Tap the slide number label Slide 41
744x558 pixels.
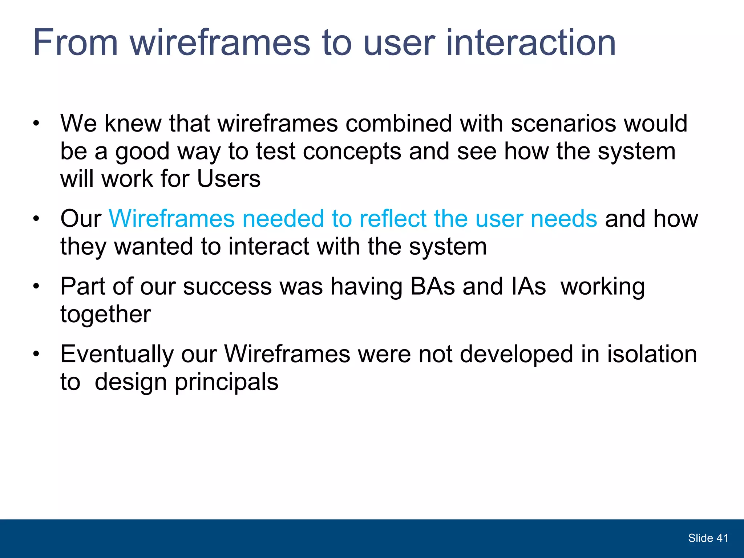[x=708, y=538]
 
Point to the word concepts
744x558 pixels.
[x=352, y=151]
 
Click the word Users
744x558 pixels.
[x=229, y=179]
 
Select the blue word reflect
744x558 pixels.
[x=393, y=219]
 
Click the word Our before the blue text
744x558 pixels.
[x=81, y=219]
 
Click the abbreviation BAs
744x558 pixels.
[x=432, y=287]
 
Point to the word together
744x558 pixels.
[x=105, y=314]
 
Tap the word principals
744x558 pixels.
[x=226, y=382]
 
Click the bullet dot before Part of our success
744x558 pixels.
[x=36, y=287]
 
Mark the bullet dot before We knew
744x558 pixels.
[x=36, y=124]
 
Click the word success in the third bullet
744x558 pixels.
[x=227, y=287]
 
